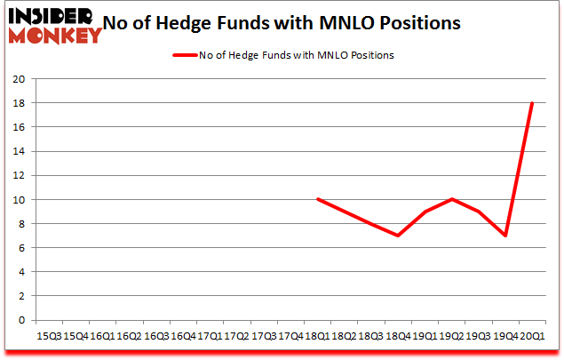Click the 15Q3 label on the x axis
pyautogui.click(x=49, y=337)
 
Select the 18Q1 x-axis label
pyautogui.click(x=317, y=337)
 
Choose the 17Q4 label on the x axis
pyautogui.click(x=290, y=337)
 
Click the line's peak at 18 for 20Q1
pyautogui.click(x=531, y=103)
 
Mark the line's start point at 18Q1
pyautogui.click(x=317, y=200)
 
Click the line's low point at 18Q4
pyautogui.click(x=398, y=236)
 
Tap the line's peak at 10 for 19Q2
pyautogui.click(x=451, y=200)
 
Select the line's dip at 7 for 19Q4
pyautogui.click(x=504, y=236)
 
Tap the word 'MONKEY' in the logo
pyautogui.click(x=54, y=36)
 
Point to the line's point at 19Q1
pyautogui.click(x=425, y=212)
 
